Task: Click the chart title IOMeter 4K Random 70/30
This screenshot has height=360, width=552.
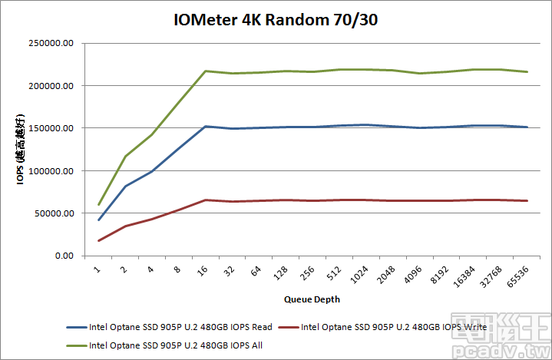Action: tap(276, 20)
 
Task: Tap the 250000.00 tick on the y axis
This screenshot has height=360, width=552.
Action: tap(50, 43)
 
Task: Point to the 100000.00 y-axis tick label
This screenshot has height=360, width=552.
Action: tap(50, 170)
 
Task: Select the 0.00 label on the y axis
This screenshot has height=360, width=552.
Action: tap(61, 256)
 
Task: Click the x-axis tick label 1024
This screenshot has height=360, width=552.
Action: tap(359, 275)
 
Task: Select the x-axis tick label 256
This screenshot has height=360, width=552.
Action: tap(308, 272)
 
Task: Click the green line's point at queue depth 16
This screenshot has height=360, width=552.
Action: tap(205, 71)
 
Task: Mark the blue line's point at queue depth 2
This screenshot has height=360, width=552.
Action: tap(125, 186)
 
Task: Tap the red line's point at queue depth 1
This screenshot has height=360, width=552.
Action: tap(99, 241)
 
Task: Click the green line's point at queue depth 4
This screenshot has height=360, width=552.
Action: tap(152, 134)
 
